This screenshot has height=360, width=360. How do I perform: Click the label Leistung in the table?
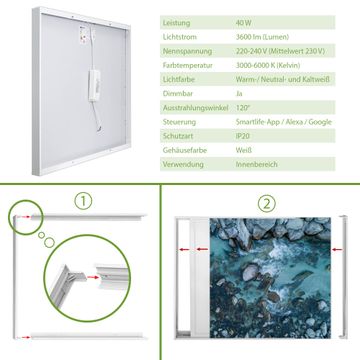click(176, 23)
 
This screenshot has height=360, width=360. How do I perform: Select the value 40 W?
click(244, 23)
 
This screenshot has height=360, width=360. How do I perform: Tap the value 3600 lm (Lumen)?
click(262, 37)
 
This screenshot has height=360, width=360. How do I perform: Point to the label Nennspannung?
click(187, 51)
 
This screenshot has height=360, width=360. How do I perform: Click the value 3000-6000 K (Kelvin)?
click(268, 65)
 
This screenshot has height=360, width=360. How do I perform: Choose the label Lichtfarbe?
click(179, 80)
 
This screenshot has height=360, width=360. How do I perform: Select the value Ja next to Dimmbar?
click(239, 94)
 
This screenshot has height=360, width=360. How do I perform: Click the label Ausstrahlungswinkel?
click(196, 108)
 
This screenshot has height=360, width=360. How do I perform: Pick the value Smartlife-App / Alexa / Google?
click(284, 122)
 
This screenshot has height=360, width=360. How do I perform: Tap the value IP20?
click(243, 136)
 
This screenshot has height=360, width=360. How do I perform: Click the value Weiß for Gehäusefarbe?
click(244, 150)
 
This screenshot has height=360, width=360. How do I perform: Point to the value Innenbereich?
click(257, 164)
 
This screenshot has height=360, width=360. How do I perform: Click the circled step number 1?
click(83, 201)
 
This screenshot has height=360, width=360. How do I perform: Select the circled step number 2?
click(267, 204)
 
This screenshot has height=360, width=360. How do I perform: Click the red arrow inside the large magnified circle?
click(93, 277)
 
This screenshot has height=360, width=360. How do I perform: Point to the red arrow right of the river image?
click(337, 249)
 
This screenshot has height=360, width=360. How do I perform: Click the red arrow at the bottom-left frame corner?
click(24, 337)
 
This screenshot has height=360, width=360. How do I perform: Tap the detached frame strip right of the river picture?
click(343, 277)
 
